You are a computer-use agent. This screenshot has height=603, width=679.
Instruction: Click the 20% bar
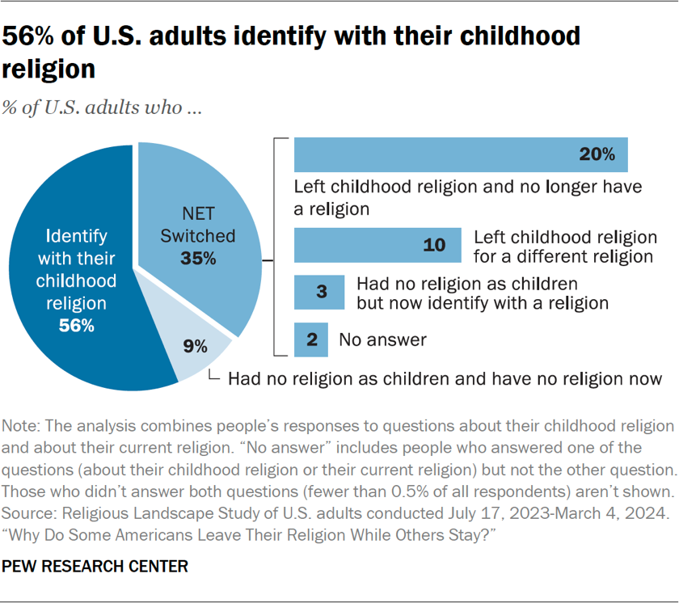pos(461,154)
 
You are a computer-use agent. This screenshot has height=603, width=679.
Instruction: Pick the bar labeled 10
pos(378,246)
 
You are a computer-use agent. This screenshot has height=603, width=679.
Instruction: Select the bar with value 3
pos(319,293)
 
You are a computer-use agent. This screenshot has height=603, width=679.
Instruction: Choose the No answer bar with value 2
pos(311,340)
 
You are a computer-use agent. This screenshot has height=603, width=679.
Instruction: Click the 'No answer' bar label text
pos(382,340)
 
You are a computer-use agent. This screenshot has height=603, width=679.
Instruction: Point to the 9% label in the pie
pos(195,348)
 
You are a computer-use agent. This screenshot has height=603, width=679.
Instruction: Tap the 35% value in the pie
pos(198,259)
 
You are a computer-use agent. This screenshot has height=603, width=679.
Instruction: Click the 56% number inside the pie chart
pos(77,326)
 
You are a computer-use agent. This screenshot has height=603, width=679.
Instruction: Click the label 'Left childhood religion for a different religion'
pos(563,247)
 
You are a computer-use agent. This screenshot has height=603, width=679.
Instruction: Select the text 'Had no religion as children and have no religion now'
pos(445,377)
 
